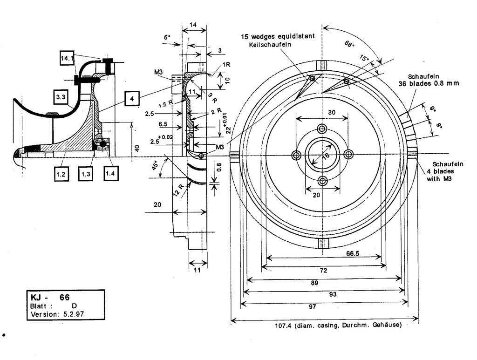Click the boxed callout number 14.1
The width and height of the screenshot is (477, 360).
(67, 58)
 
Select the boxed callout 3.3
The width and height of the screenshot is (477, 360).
(61, 97)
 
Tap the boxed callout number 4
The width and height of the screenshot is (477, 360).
(132, 99)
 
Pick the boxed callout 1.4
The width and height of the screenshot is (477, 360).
(110, 174)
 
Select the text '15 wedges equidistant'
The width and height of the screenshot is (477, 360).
(278, 36)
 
